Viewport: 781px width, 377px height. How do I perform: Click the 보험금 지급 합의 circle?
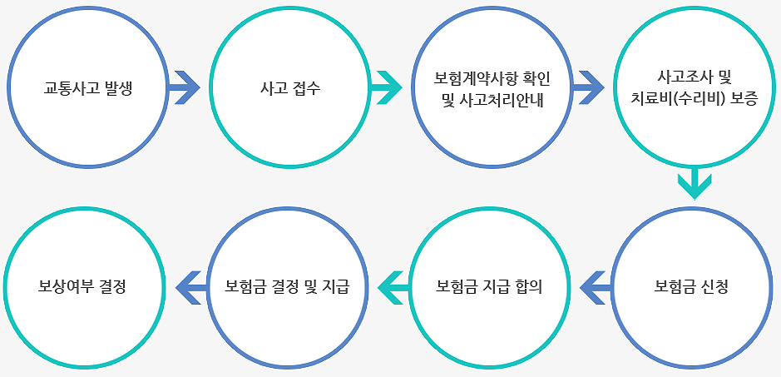point(491,288)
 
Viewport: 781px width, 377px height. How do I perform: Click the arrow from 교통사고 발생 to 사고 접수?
point(184,86)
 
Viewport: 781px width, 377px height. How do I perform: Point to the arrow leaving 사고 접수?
point(385,86)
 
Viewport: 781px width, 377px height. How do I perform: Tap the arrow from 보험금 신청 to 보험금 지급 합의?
point(596,286)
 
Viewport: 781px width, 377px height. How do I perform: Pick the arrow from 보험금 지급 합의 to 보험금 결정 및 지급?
point(393,286)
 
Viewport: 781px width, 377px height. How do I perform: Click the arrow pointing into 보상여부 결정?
point(190,286)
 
